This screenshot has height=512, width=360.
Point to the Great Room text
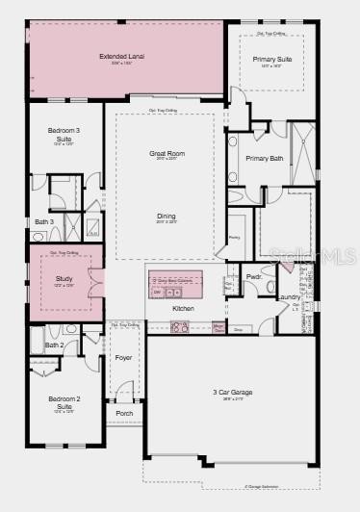(167, 154)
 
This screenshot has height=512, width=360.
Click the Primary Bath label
(264, 158)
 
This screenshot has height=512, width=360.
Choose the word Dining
(167, 216)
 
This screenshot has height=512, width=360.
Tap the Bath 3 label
(44, 222)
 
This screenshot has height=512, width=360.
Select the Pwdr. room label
(254, 276)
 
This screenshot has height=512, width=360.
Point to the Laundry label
(289, 296)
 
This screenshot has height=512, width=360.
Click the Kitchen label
(183, 308)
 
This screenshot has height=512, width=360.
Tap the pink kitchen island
(176, 286)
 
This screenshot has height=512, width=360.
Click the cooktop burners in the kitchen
(180, 328)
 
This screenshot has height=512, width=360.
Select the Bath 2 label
(55, 345)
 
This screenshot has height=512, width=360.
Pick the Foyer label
(124, 357)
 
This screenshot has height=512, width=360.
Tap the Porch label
(124, 414)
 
